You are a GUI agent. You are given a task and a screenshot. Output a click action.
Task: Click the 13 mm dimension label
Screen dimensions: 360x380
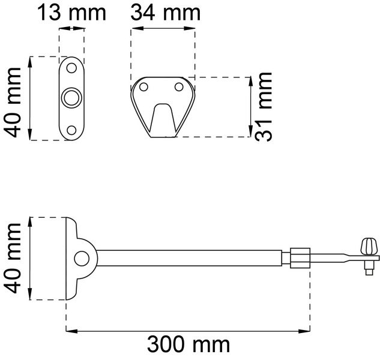coord(71,11)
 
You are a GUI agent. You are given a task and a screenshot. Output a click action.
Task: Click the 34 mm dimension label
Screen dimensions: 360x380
coord(165,11)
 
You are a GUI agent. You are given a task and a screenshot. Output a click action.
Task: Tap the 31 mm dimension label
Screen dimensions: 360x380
coord(263,107)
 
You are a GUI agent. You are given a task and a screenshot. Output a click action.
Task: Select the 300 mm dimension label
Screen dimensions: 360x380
coord(188,344)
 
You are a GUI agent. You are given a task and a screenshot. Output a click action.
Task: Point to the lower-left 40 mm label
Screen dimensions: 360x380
coord(14,258)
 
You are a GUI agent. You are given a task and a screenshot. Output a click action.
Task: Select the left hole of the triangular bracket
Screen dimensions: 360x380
coord(143,87)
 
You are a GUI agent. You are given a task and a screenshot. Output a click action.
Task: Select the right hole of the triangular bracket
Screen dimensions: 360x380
coord(178,87)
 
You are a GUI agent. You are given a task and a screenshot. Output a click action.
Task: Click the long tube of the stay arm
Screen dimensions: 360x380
coord(192,259)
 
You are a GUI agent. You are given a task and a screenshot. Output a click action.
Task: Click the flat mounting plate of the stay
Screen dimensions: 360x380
coord(69,259)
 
